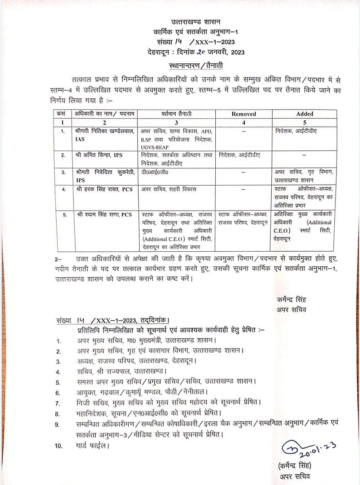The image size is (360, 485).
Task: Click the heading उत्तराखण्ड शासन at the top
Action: click(x=196, y=22)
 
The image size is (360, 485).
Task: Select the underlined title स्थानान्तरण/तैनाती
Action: click(x=196, y=66)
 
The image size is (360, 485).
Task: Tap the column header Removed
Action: click(x=243, y=114)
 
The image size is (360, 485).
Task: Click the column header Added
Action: click(x=304, y=114)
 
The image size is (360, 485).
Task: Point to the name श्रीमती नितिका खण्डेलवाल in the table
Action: click(x=105, y=131)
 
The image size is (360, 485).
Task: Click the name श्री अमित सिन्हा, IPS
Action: click(x=99, y=155)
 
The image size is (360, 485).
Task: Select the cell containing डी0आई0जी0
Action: click(x=154, y=172)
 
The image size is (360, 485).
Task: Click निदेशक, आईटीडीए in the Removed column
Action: click(x=240, y=155)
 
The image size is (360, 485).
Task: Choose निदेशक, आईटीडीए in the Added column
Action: click(x=295, y=131)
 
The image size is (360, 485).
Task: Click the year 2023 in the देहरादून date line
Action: click(x=238, y=52)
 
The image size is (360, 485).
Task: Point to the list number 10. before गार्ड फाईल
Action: click(x=58, y=446)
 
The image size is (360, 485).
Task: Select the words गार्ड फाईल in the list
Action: click(x=92, y=446)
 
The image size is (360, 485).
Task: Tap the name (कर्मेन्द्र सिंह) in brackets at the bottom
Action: click(x=294, y=466)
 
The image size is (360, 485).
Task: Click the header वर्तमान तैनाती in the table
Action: click(x=176, y=114)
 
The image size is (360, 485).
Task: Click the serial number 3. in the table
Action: click(x=63, y=172)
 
